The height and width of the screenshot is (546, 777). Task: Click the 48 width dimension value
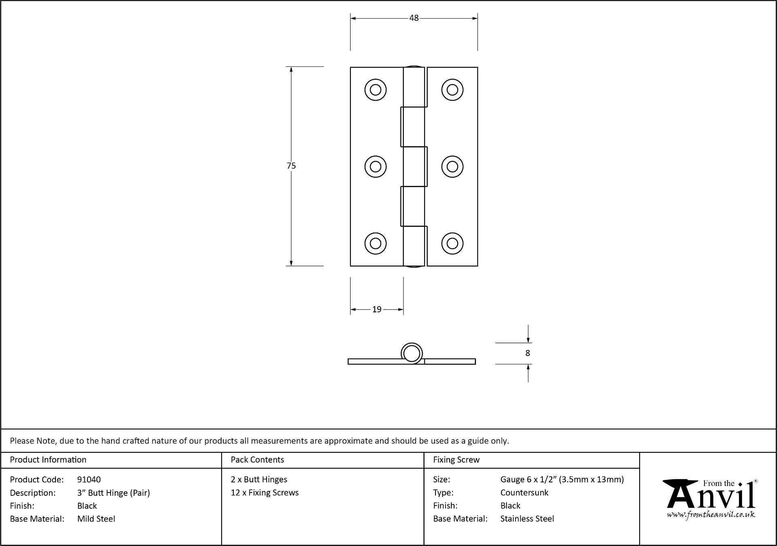414,18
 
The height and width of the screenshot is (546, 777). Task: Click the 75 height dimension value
291,166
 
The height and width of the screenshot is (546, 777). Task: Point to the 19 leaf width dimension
377,309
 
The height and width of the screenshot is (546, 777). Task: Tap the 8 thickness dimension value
527,353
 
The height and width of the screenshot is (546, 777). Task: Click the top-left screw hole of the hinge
376,90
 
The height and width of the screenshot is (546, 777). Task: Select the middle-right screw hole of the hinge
453,166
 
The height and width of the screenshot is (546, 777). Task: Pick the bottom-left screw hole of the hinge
376,243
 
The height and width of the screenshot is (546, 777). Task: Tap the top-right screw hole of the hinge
453,90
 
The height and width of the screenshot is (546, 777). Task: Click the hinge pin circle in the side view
412,353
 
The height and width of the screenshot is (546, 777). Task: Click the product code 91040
89,480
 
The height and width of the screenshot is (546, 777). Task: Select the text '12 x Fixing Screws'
265,493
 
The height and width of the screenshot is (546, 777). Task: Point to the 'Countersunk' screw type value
524,493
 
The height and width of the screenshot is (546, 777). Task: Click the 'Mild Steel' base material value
96,519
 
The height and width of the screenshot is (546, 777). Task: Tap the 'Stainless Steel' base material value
527,519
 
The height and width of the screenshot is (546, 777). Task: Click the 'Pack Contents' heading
257,460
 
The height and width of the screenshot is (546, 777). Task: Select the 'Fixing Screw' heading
456,460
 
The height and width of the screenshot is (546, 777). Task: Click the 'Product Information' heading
48,460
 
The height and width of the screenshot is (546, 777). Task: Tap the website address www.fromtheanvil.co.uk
711,515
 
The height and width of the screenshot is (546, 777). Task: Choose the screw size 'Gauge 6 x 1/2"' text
528,480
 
